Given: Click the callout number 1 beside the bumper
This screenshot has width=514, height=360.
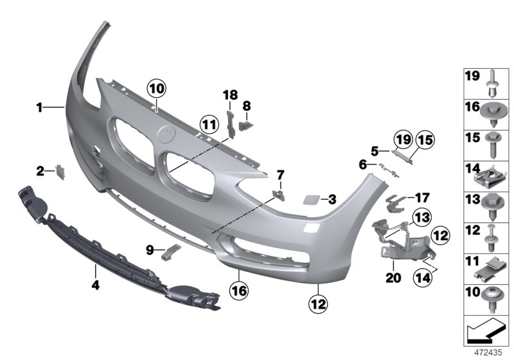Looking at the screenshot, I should [x=39, y=108].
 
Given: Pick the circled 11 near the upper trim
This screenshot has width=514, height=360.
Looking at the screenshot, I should [x=208, y=122].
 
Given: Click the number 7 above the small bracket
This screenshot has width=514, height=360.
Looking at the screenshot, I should [x=279, y=175].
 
